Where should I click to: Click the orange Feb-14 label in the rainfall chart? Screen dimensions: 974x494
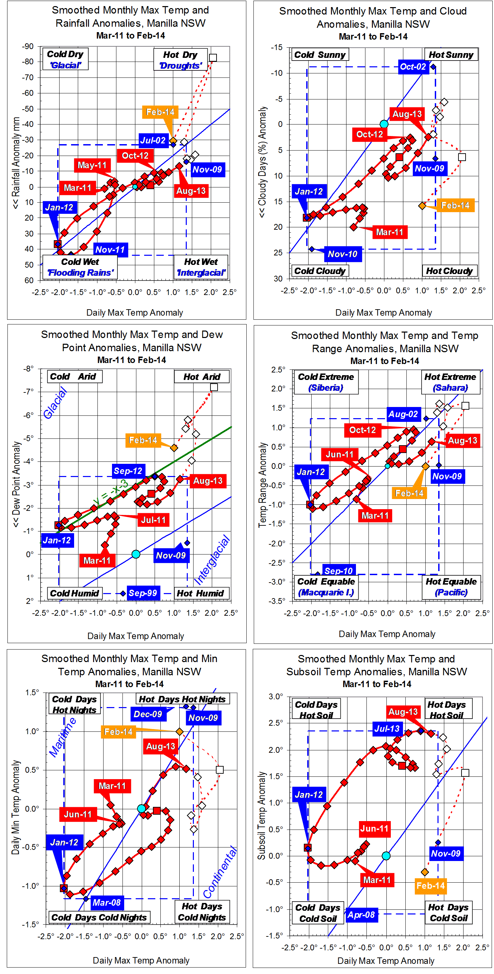click(160, 112)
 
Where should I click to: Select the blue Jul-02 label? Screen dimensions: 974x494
click(153, 140)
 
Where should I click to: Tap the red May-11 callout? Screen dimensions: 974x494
click(92, 165)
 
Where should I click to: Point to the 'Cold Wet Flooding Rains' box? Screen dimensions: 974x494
click(80, 267)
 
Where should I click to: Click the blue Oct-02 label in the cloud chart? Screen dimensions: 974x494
click(413, 67)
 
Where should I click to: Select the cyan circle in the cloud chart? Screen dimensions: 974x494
click(384, 124)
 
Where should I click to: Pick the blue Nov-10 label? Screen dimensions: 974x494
click(343, 254)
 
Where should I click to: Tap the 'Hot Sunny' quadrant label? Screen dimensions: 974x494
click(451, 55)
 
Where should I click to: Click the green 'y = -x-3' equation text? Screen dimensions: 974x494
click(111, 492)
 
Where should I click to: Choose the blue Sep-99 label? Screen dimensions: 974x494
click(142, 593)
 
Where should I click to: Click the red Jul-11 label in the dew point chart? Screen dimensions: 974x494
click(153, 520)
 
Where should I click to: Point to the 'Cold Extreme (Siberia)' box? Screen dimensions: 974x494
click(326, 382)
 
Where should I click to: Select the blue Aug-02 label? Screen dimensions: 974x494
click(403, 414)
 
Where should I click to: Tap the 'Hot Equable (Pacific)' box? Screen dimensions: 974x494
click(451, 587)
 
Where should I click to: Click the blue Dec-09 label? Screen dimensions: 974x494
click(148, 714)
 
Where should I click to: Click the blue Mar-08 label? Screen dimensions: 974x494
click(107, 903)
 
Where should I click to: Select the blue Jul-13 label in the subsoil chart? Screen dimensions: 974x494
click(387, 729)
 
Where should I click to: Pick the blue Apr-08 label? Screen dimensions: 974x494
click(361, 915)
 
